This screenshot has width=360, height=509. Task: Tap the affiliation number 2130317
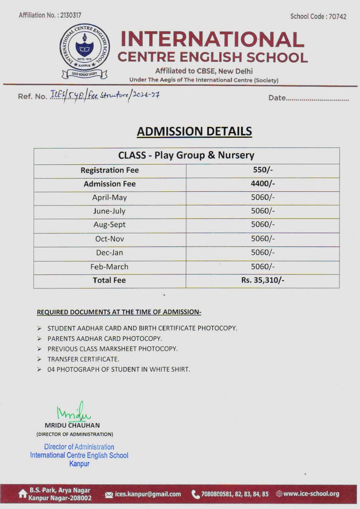pos(70,15)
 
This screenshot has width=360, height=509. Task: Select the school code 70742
pos(337,17)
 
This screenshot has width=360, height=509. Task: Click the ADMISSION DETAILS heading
pos(194,131)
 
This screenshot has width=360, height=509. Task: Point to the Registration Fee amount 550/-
pos(263,170)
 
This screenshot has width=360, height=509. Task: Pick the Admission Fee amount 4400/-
pos(263,184)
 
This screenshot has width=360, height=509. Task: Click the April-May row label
pos(109,198)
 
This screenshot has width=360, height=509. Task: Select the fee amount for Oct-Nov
pos(263,239)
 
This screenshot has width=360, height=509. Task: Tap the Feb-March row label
pos(109,267)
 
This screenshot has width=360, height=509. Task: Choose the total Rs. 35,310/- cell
pos(263,280)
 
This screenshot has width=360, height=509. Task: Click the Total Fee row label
pos(109,280)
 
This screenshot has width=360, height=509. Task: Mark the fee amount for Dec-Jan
pos(263,253)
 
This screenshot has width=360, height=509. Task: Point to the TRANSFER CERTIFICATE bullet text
pos(83,359)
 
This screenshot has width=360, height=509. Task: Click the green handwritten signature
pos(74,412)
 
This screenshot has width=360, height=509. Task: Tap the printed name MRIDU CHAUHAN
pos(72,425)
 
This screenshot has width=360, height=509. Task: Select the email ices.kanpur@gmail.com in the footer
pos(148,494)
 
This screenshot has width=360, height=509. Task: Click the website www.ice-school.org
pos(311,494)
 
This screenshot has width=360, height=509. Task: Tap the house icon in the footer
pos(23,493)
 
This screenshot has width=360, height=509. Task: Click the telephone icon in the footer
pos(195,494)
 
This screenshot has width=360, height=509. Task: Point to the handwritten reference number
pos(105,95)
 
